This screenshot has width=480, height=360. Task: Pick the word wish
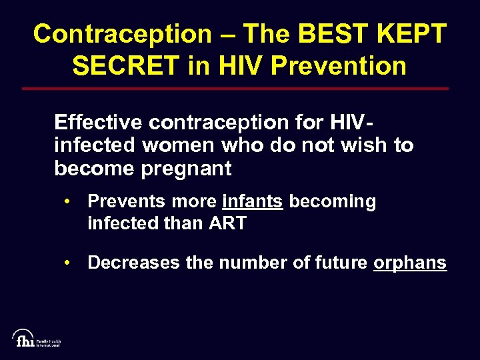pyautogui.click(x=366, y=145)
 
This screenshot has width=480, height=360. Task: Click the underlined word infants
pyautogui.click(x=253, y=201)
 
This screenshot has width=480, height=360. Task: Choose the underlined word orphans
pyautogui.click(x=409, y=263)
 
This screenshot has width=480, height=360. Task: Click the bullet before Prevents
pyautogui.click(x=69, y=201)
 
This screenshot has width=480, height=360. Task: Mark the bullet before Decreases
pyautogui.click(x=69, y=263)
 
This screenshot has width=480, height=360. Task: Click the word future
pyautogui.click(x=337, y=263)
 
